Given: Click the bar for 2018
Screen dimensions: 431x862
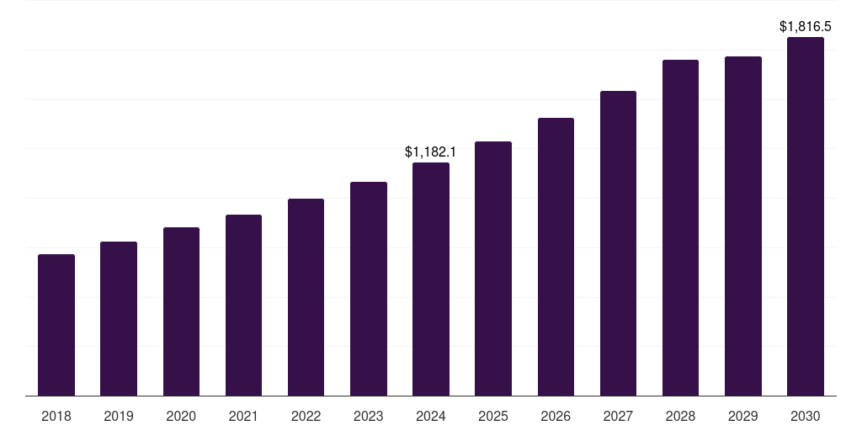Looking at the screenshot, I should coord(56,325).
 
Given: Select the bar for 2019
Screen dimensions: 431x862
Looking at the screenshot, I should coord(119,319).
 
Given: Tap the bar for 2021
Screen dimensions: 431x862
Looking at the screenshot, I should coord(243,305).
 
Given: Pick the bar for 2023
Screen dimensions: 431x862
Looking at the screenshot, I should coord(369,289).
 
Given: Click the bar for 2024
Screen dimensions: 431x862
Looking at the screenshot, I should coord(431,279).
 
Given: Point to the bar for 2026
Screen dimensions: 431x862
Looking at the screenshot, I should coord(556,257).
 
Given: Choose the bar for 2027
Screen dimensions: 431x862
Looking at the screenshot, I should coord(618,243).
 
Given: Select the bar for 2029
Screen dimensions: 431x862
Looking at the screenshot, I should coord(743,226).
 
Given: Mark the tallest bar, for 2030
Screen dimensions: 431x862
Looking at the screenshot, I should coord(806,216).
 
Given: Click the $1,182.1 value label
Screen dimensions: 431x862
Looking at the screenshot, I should coord(430,152).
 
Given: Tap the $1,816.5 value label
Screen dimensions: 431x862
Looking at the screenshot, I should coord(806,27).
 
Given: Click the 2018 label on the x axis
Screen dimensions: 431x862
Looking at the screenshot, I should coord(56,416).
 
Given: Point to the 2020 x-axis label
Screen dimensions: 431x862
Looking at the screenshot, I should coord(181,416).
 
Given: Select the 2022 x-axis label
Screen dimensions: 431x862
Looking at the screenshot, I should coord(306,416).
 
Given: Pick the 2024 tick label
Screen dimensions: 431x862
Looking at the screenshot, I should coord(431,416).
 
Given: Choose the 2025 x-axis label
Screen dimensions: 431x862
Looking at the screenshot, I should coord(493,416).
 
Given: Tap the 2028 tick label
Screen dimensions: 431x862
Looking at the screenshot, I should coord(680,416).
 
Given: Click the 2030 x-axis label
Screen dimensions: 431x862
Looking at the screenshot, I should coord(806,416).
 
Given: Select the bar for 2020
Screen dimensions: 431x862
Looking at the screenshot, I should coord(181,311).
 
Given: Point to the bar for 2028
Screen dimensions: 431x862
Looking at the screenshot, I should coord(680,227).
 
